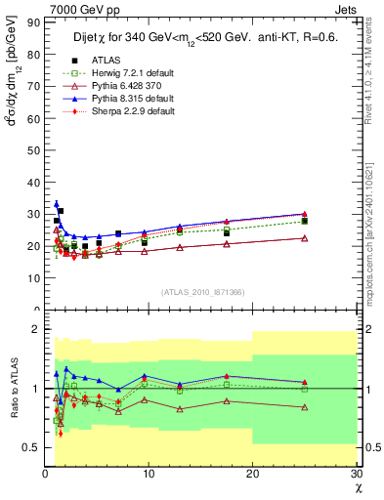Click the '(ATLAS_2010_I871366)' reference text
click(x=202, y=292)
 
